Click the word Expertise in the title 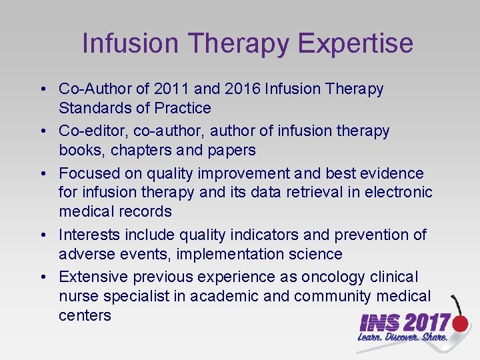[355, 43]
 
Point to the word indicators [268, 235]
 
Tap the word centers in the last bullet [85, 315]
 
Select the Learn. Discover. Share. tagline [403, 337]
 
